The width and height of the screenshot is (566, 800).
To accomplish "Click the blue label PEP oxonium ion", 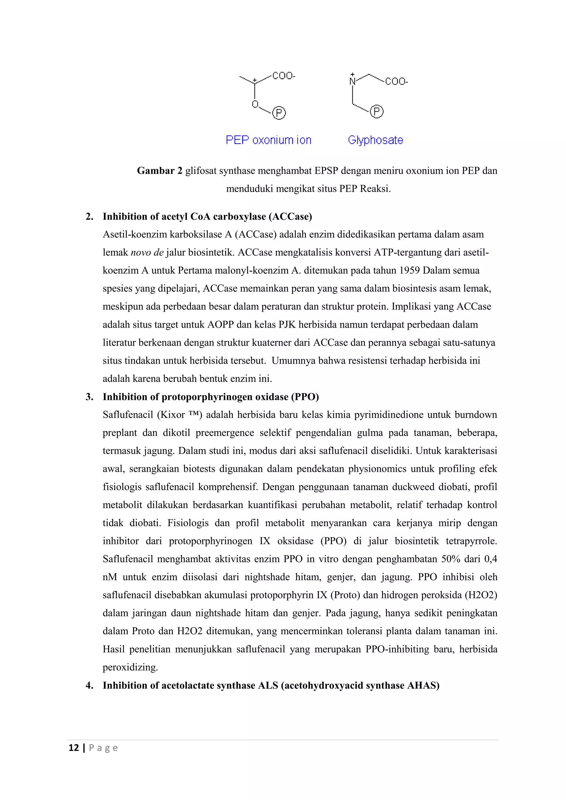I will click(x=268, y=140).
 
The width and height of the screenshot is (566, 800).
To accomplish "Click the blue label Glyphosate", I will click(x=375, y=140).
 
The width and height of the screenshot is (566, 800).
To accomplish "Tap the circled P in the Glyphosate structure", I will click(x=376, y=112).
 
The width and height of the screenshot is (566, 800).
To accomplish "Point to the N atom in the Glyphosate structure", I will click(x=352, y=81).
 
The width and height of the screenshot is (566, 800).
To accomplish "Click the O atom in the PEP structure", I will click(x=255, y=104).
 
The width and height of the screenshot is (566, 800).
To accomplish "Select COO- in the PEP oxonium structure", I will click(x=283, y=76).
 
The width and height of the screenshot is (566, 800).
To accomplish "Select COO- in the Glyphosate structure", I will click(x=396, y=81).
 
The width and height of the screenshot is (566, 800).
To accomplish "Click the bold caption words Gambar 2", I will click(x=159, y=171).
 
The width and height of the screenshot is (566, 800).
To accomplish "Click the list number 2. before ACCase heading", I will click(x=90, y=217).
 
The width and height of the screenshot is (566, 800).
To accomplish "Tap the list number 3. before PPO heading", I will click(x=90, y=397).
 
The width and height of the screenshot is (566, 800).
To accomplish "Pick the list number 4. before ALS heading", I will click(x=90, y=685).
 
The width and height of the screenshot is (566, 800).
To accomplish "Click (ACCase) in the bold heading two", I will click(x=290, y=217).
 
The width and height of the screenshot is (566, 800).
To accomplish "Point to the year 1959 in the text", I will click(x=410, y=270).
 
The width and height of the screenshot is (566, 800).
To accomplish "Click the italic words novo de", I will click(x=147, y=252).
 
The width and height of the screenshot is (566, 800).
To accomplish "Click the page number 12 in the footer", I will click(x=74, y=748).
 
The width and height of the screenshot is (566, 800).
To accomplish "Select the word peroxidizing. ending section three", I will click(x=130, y=667).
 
